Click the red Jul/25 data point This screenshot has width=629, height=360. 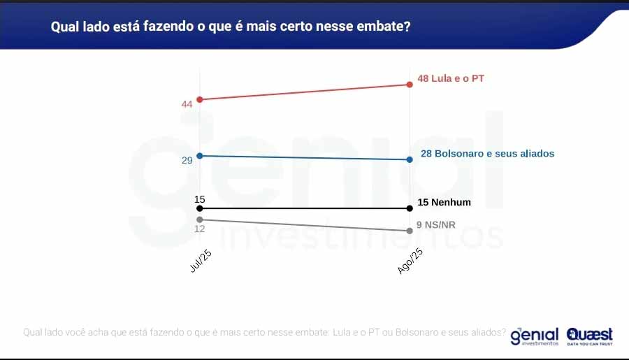point(200,99)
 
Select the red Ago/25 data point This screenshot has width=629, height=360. point(410,85)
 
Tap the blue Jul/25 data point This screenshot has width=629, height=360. point(200,156)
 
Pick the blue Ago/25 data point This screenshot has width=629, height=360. point(410,159)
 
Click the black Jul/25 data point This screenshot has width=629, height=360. point(200,208)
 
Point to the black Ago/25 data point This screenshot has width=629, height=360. point(410,208)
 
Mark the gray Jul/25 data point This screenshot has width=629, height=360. point(200,219)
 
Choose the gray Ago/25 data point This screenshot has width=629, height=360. point(410,231)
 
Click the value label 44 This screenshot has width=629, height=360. point(187,104)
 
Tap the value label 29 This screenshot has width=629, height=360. point(187,161)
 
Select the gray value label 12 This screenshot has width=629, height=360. point(200,229)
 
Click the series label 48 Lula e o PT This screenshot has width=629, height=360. point(451,79)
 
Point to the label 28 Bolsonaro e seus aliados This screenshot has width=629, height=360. point(487,153)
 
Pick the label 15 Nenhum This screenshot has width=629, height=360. point(444,203)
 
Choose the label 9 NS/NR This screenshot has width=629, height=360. point(435,225)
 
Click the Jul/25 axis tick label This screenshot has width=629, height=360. point(201,262)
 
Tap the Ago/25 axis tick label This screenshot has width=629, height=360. point(410,261)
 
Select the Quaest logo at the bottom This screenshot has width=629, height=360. point(590,336)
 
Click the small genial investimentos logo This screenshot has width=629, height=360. point(535,336)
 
